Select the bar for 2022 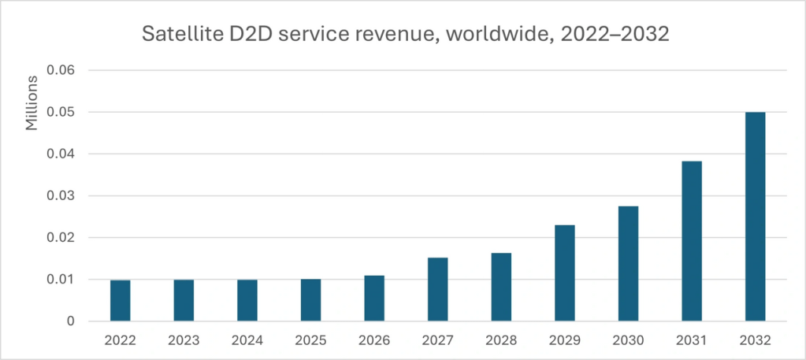121,300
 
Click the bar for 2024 247,300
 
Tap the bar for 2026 374,298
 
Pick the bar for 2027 438,289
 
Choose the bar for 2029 565,273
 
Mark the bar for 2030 628,263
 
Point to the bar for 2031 692,241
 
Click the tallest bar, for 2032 755,217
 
